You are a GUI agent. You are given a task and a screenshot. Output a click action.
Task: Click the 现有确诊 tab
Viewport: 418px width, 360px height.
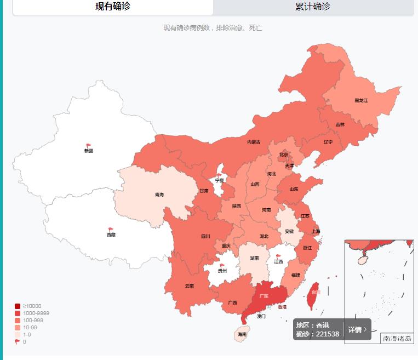[x=113, y=7]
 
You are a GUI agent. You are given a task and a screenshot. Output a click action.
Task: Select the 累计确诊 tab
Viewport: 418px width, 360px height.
[x=313, y=7]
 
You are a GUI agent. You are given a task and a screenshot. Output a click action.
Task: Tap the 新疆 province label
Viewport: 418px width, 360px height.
[x=89, y=151]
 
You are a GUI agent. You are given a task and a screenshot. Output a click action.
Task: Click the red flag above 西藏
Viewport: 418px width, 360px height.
[x=111, y=230]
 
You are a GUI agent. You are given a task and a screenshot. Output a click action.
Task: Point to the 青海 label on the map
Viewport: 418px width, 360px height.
[x=159, y=195]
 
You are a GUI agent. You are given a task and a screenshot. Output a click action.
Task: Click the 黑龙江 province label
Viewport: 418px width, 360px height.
[x=361, y=101]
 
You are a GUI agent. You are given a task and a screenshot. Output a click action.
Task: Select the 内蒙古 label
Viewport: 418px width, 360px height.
[x=254, y=142]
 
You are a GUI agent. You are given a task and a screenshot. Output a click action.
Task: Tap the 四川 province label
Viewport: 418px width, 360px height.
[x=205, y=237]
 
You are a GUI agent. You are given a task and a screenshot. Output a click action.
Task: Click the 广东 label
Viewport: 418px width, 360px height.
[x=264, y=296]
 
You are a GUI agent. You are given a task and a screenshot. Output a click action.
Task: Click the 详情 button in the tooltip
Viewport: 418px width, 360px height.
[x=357, y=330]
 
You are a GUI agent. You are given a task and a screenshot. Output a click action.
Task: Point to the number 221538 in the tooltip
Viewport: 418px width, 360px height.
[x=327, y=334]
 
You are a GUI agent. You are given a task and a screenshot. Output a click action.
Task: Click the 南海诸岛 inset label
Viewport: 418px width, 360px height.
[x=397, y=339]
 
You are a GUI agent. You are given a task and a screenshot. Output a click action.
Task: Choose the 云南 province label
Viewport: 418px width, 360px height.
[x=189, y=286]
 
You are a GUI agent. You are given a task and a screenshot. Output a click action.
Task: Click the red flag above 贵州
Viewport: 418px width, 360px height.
[x=222, y=266]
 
